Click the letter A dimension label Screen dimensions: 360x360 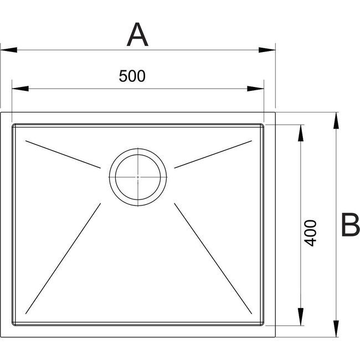tap(137, 34)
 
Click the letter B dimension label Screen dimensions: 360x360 tap(351, 224)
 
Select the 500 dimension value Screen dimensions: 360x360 tap(132, 76)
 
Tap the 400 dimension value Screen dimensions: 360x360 tap(310, 233)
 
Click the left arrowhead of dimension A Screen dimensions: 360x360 tap(9, 50)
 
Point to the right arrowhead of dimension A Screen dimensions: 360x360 tap(267, 50)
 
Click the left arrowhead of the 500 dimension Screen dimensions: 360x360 tap(20, 89)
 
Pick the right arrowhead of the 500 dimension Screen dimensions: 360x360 tap(255, 89)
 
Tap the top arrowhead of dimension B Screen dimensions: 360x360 tap(336, 121)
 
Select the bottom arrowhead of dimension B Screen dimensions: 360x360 tap(336, 329)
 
